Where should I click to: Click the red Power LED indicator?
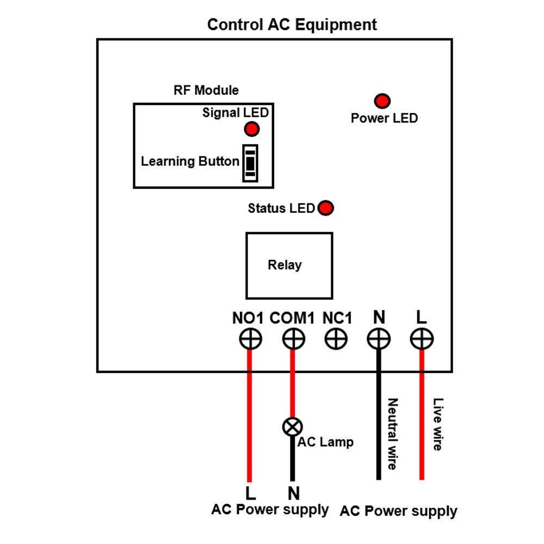(382, 101)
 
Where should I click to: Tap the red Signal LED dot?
(251, 129)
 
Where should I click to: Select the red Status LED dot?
(325, 208)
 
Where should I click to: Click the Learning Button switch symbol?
(250, 163)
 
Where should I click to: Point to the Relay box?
(289, 265)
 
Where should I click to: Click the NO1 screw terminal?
(250, 339)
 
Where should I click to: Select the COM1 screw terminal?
(294, 339)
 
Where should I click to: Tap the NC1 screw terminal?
(336, 339)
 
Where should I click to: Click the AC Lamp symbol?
(292, 426)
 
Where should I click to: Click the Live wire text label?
(437, 425)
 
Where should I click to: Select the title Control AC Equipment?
(292, 24)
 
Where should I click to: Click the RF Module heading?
(206, 90)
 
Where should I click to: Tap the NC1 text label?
(337, 318)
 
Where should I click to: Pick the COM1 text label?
(292, 318)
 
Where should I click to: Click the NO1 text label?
(248, 318)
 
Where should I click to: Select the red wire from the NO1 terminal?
(250, 413)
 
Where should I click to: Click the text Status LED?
(281, 208)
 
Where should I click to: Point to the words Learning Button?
(190, 162)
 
